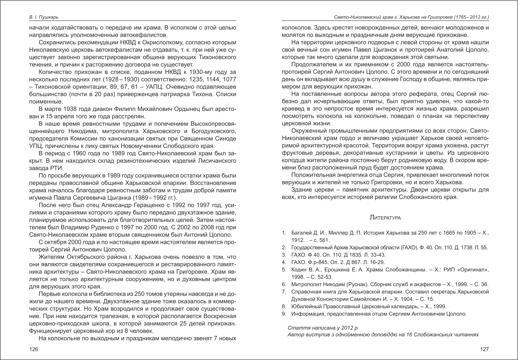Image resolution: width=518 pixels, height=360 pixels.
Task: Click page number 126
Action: (x=34, y=349)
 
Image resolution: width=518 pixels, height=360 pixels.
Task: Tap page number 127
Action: (x=485, y=349)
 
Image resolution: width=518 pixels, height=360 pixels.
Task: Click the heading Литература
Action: (x=385, y=217)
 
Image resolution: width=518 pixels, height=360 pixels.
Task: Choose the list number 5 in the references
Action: (x=284, y=270)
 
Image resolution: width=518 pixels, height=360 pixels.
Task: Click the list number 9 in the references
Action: (x=284, y=314)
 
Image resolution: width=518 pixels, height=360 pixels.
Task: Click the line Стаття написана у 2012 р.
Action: (x=323, y=328)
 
